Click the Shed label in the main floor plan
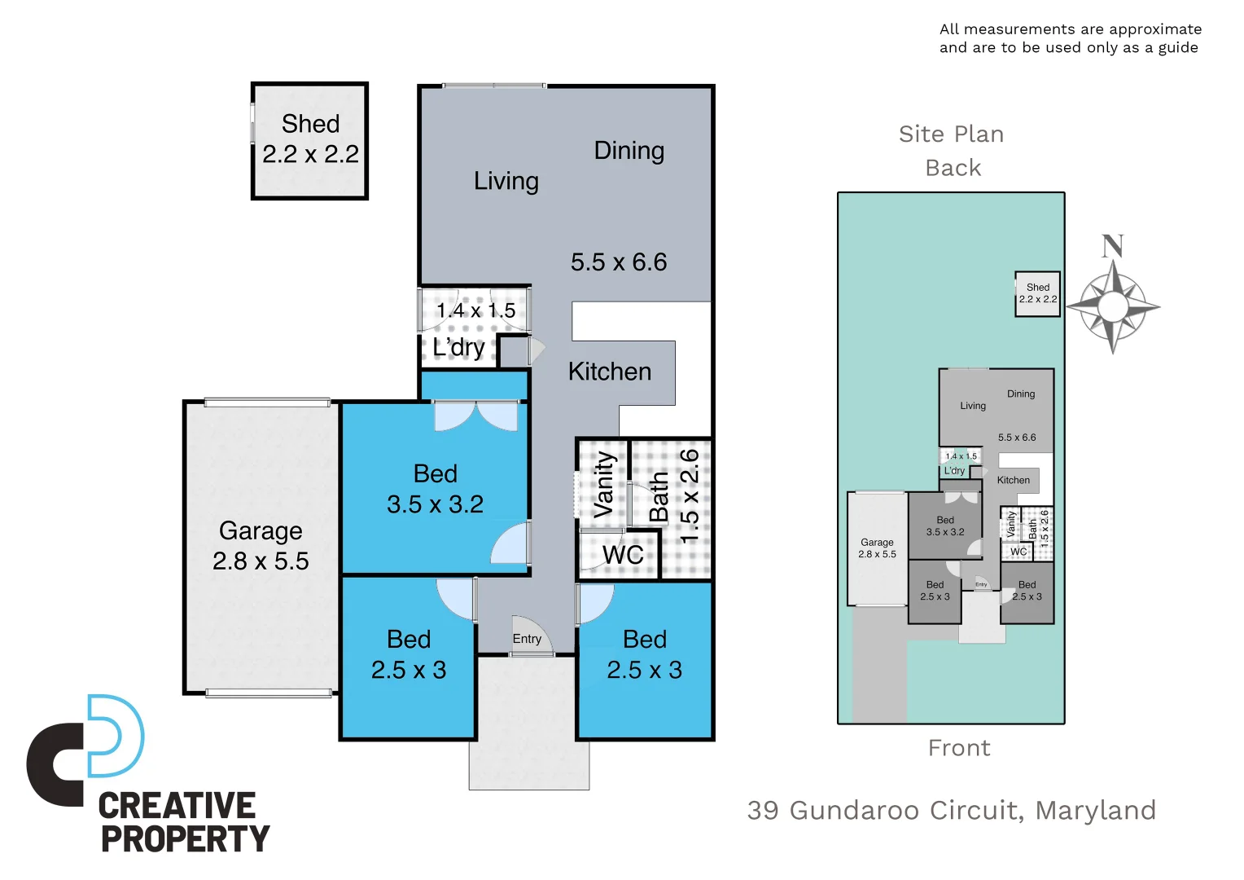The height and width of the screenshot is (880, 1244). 310,124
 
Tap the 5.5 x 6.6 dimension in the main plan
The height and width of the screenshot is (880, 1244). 619,262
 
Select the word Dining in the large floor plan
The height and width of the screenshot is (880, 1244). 629,151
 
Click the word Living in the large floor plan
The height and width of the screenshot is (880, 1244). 506,181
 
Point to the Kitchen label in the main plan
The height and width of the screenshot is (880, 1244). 610,372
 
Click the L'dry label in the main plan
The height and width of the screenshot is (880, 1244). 458,347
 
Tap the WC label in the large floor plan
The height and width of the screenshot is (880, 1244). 623,555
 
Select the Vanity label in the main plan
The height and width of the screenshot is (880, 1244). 603,486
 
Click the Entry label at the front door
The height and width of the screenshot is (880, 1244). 527,639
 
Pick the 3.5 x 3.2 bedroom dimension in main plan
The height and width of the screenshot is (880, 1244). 435,504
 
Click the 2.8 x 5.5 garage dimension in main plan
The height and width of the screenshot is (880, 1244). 261,561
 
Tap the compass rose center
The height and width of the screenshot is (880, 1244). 1113,307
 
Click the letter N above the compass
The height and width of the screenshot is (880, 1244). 1113,246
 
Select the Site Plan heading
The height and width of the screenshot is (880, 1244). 951,134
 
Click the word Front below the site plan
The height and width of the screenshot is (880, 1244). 959,748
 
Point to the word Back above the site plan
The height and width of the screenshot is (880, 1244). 953,168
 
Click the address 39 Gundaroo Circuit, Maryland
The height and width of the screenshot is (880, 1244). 951,810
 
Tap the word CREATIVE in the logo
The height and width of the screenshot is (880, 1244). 177,806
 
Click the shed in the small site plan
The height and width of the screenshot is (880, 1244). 1037,294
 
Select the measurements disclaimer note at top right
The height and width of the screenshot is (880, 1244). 1070,38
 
